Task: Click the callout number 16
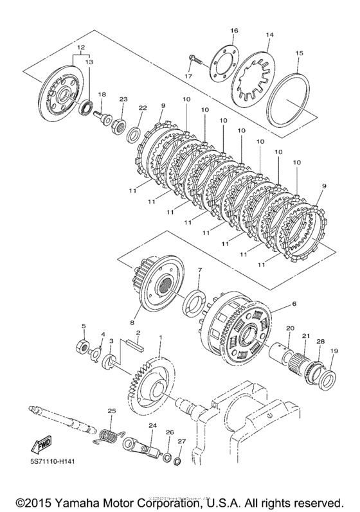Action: click(x=234, y=31)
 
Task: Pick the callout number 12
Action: click(x=80, y=48)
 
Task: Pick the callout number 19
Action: click(x=333, y=351)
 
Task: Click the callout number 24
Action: click(x=152, y=425)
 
